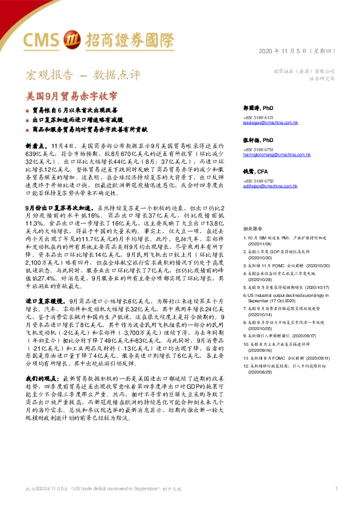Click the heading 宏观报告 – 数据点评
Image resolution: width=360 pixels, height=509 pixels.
pyautogui.click(x=83, y=76)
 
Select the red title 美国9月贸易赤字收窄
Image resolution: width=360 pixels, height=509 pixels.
pyautogui.click(x=72, y=96)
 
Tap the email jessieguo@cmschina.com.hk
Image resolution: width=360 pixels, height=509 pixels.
pyautogui.click(x=271, y=122)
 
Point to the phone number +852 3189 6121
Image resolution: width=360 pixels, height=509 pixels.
pyautogui.click(x=258, y=117)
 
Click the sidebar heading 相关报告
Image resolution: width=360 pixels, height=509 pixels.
pyautogui.click(x=252, y=213)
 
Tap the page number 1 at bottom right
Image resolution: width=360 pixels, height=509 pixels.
pyautogui.click(x=335, y=488)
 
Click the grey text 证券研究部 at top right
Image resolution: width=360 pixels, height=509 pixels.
pyautogui.click(x=322, y=79)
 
